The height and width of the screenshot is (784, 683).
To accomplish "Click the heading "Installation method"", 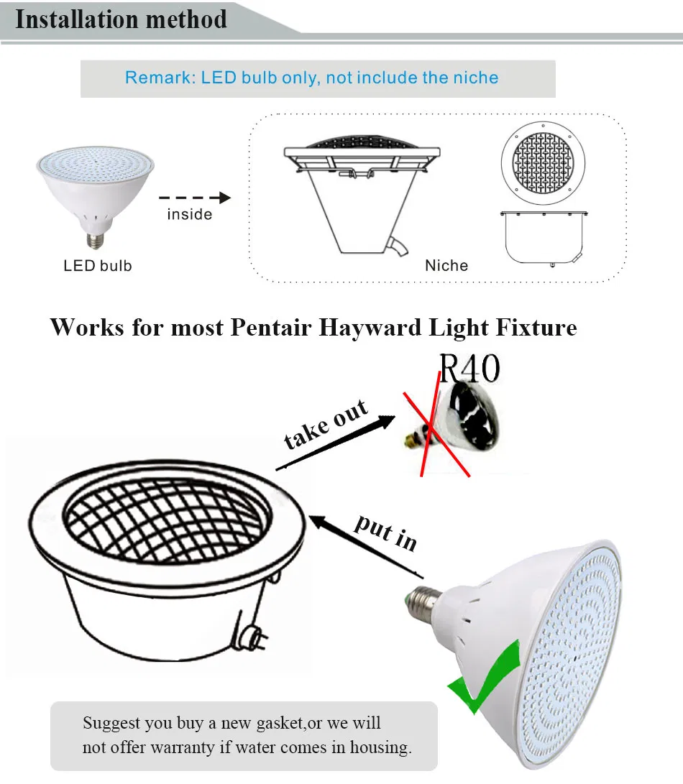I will (x=121, y=19).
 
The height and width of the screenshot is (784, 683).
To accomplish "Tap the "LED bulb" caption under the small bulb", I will (x=98, y=266).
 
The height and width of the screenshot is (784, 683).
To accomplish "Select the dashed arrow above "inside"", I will (x=194, y=198).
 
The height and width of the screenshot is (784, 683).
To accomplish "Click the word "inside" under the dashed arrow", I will (x=190, y=214).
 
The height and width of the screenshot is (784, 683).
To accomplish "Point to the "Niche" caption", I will (x=446, y=266).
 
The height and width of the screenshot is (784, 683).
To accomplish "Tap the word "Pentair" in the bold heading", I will (x=272, y=328).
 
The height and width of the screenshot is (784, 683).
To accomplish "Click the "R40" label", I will (x=469, y=369).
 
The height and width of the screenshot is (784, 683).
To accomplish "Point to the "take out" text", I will (x=326, y=425).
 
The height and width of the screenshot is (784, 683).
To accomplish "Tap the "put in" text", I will (x=385, y=532).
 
